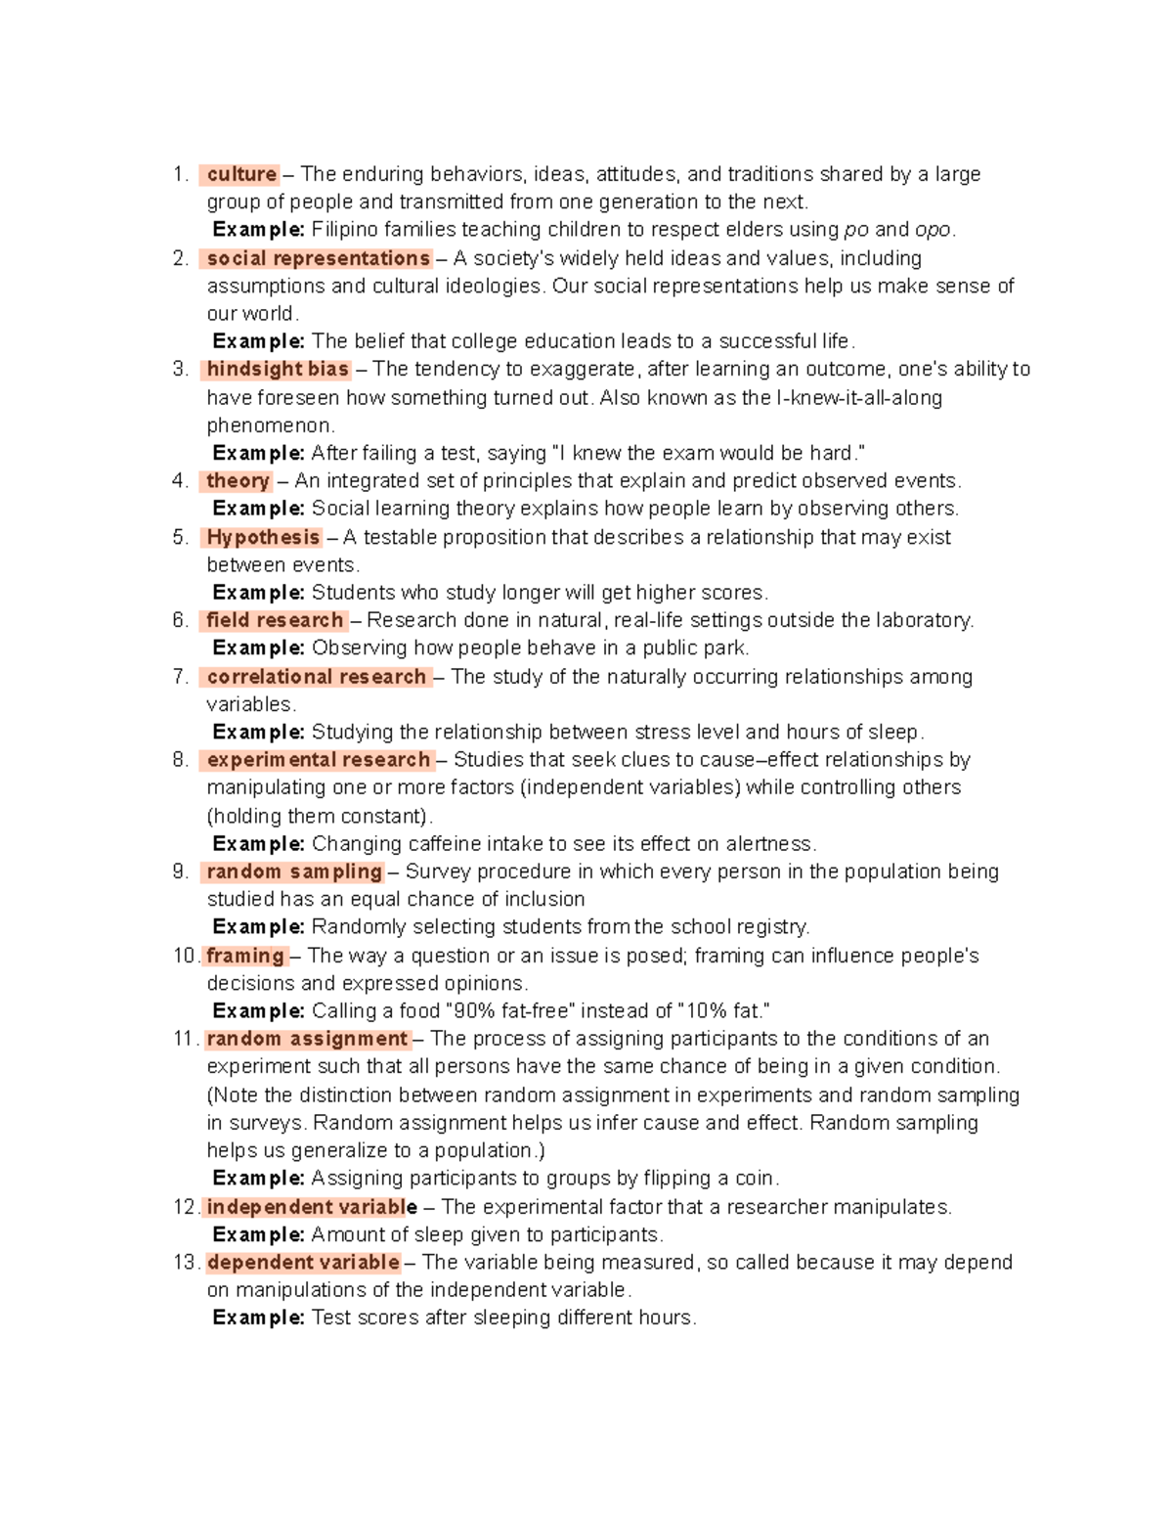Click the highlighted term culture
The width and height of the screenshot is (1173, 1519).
[241, 174]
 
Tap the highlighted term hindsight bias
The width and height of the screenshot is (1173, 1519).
[278, 369]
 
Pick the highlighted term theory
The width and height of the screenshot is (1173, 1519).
[238, 480]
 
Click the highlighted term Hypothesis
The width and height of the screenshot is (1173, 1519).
[263, 537]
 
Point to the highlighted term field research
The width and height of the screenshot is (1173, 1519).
[275, 620]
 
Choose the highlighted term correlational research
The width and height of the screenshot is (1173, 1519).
[316, 677]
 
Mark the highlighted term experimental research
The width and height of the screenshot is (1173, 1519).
[318, 760]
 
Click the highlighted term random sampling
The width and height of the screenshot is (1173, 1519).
[293, 871]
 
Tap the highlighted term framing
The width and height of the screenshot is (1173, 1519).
[245, 956]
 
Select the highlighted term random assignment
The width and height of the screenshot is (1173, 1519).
[307, 1039]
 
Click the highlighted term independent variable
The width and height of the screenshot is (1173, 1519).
[312, 1207]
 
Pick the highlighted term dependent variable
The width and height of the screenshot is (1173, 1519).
[303, 1262]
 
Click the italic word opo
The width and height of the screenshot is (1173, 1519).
[933, 230]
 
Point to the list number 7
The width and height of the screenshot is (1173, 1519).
[179, 677]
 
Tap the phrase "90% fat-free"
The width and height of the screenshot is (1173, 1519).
[510, 1011]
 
